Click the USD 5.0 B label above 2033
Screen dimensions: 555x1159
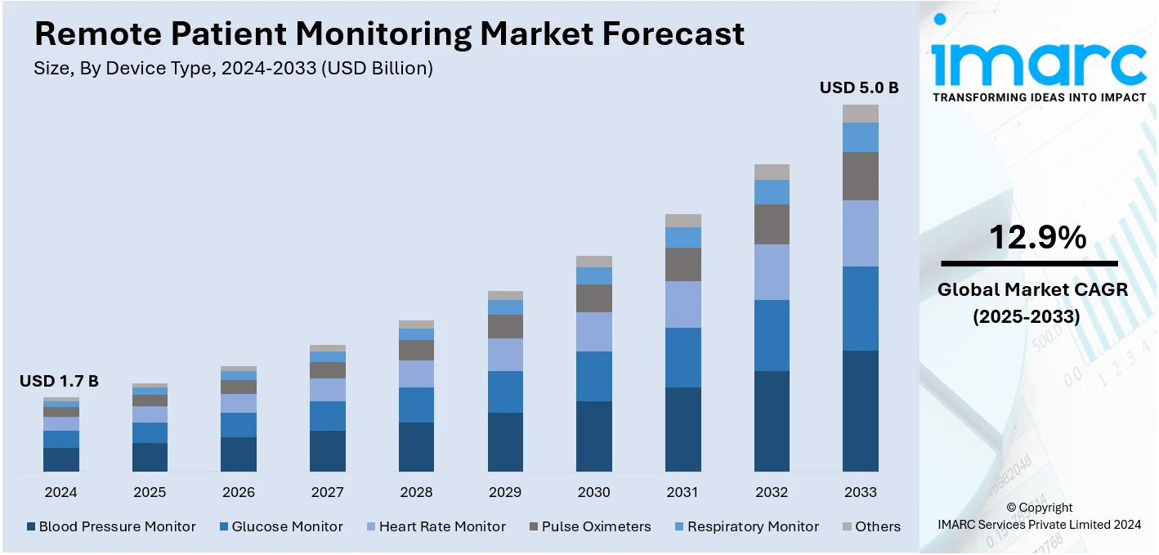pyautogui.click(x=859, y=87)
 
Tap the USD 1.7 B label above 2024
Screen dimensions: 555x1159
pyautogui.click(x=59, y=381)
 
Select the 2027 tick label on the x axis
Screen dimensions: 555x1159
pyautogui.click(x=327, y=492)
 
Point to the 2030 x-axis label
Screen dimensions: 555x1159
pyautogui.click(x=594, y=492)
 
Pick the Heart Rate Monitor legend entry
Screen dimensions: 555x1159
pyautogui.click(x=435, y=526)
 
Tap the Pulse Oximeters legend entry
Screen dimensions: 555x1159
pyautogui.click(x=589, y=526)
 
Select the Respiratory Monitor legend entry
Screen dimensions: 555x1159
pyautogui.click(x=745, y=526)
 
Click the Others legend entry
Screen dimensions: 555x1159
pyautogui.click(x=871, y=526)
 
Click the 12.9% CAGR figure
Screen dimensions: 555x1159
pyautogui.click(x=1037, y=237)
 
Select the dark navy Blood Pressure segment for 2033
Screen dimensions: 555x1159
pyautogui.click(x=860, y=410)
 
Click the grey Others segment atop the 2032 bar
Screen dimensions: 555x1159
pyautogui.click(x=772, y=172)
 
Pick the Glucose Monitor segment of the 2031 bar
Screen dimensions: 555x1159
pyautogui.click(x=682, y=357)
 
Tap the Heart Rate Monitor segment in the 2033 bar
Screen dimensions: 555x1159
pyautogui.click(x=860, y=233)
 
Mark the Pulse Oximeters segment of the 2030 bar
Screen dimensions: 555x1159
pyautogui.click(x=594, y=298)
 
